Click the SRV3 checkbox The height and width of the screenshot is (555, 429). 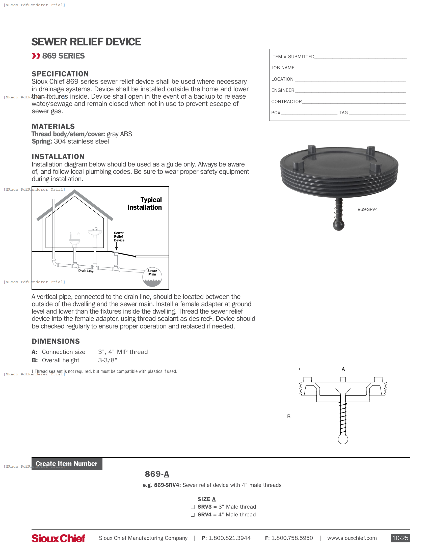pyautogui.click(x=193, y=507)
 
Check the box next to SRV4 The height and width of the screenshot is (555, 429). pyautogui.click(x=193, y=515)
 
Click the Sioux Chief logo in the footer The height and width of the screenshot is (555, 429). pyautogui.click(x=59, y=538)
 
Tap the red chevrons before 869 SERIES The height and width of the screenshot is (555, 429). pyautogui.click(x=36, y=56)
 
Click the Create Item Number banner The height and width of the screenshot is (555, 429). pyautogui.click(x=67, y=463)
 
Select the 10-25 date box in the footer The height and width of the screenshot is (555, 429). pyautogui.click(x=400, y=538)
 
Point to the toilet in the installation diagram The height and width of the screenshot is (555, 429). pyautogui.click(x=75, y=239)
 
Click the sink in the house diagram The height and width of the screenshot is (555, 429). pyautogui.click(x=95, y=233)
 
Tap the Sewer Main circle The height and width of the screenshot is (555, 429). pyautogui.click(x=152, y=277)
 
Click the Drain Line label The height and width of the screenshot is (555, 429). pyautogui.click(x=86, y=271)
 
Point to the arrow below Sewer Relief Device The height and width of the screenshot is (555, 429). pyautogui.click(x=116, y=246)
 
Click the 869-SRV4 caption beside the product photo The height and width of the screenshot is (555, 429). pyautogui.click(x=367, y=209)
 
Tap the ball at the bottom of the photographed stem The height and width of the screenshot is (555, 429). pyautogui.click(x=338, y=225)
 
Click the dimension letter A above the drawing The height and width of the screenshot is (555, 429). pyautogui.click(x=343, y=369)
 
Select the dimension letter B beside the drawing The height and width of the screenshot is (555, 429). pyautogui.click(x=289, y=417)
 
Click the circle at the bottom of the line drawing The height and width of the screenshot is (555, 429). pyautogui.click(x=343, y=439)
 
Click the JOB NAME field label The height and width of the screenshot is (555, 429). pyautogui.click(x=283, y=68)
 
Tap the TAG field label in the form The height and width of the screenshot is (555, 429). pyautogui.click(x=344, y=113)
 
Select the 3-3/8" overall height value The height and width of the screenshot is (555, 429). pyautogui.click(x=108, y=360)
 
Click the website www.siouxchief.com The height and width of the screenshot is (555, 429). pyautogui.click(x=352, y=538)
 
